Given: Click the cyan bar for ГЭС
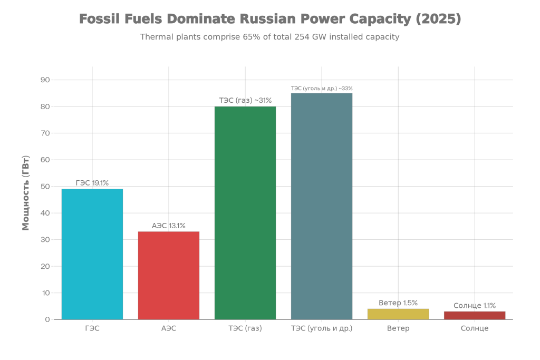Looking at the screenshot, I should pos(92,254).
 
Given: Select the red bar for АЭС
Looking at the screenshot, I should pos(169,275).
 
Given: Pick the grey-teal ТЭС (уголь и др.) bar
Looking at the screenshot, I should pos(322,206).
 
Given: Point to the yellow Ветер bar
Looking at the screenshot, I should pos(398,314).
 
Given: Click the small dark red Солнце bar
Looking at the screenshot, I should pos(475,315).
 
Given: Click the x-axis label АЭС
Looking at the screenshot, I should pos(169,328).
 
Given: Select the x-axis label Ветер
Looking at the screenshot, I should pos(398,328).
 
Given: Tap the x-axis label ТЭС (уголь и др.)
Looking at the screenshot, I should pos(322,328).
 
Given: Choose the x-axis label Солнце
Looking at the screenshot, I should pos(475,328).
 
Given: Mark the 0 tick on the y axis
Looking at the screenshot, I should pos(47,319).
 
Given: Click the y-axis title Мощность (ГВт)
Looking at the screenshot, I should pos(26,193).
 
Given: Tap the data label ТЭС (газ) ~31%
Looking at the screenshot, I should pos(245,101).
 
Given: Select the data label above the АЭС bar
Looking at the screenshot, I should pos(169,226).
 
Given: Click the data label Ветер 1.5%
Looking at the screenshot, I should pos(398,303).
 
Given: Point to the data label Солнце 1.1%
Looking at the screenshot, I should pos(475,306).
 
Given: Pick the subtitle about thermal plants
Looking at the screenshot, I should pos(269,37).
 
